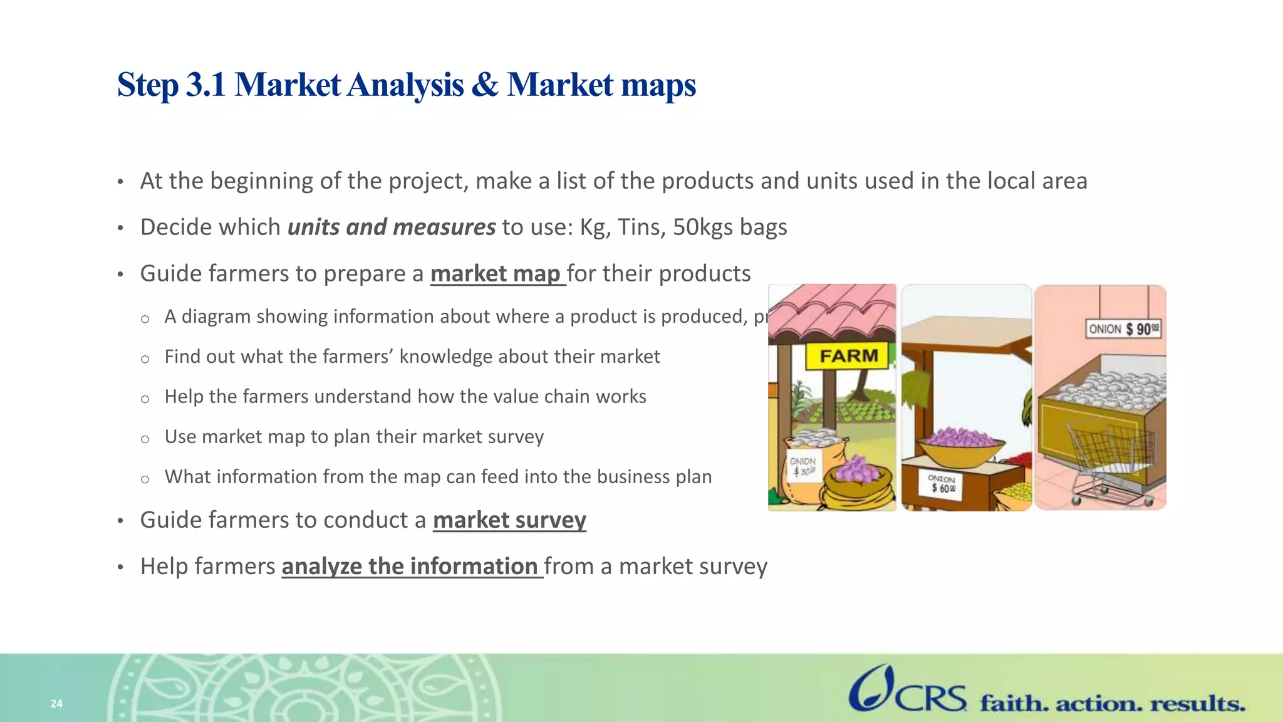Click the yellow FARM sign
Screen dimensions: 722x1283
[x=849, y=356]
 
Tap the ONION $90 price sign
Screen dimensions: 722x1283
[x=1123, y=329]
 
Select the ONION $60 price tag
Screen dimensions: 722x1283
[x=942, y=484]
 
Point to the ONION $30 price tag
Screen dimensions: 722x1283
[x=802, y=466]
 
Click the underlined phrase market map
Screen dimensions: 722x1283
[x=496, y=274]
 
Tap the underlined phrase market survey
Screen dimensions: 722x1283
[x=509, y=520]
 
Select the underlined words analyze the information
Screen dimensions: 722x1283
[x=410, y=567]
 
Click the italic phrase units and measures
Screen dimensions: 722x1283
[x=392, y=227]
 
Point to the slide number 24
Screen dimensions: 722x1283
[x=56, y=703]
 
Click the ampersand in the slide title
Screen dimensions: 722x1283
[x=484, y=85]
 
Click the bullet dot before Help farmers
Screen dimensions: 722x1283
[x=121, y=568]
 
